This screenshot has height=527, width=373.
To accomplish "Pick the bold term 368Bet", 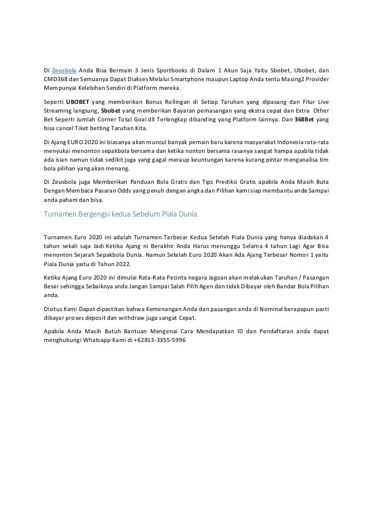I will click(303, 119).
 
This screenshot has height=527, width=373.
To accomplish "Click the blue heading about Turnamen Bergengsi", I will click(120, 214).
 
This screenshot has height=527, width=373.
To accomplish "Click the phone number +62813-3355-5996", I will click(155, 340).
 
